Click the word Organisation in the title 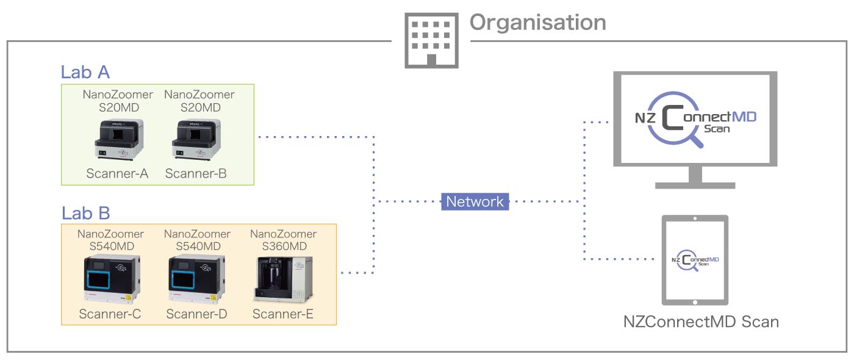coord(537,23)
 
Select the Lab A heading coord(85,72)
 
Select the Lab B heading coord(85,213)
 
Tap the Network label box coord(475,201)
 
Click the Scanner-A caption coord(117,174)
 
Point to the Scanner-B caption coord(196,174)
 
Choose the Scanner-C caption coord(110,314)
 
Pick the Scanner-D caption coord(197,314)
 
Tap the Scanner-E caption coord(283,314)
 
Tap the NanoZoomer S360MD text coord(284,240)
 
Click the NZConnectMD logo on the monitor coord(695,118)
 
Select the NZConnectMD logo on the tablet coord(695,259)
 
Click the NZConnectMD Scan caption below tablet coord(701,321)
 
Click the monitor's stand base coord(695,184)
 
